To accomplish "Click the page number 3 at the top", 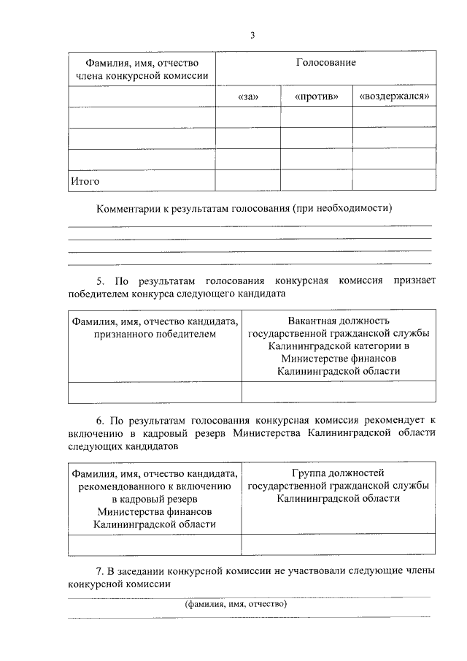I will coord(252,34).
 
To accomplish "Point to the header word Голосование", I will coord(325,63).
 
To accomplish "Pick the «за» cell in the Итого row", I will coord(248,180).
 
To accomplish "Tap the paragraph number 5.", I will coord(101,280).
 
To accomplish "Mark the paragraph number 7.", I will coord(101,571).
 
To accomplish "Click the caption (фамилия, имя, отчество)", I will coord(236,605).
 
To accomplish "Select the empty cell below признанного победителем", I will coord(155,393).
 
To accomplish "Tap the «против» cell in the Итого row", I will coord(316,180).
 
